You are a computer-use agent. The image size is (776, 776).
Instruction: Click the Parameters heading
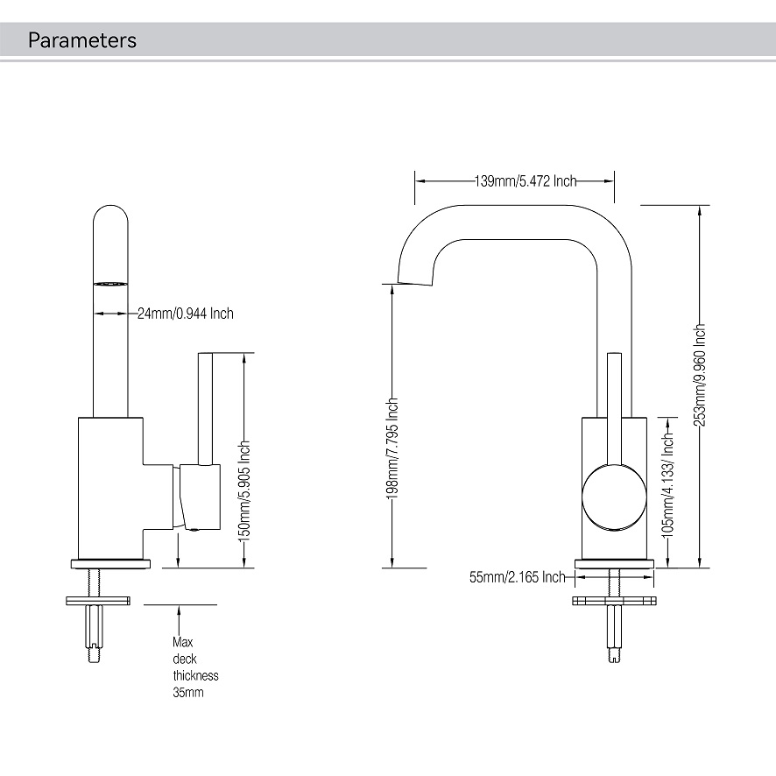[82, 40]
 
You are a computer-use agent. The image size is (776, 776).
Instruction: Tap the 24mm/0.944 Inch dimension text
[186, 314]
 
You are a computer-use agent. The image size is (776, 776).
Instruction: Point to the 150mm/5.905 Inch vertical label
[245, 490]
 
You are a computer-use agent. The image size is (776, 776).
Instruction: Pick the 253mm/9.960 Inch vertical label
[699, 375]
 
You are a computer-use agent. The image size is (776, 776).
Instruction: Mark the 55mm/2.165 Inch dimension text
[518, 577]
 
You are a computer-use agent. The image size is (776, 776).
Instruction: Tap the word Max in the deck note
[181, 642]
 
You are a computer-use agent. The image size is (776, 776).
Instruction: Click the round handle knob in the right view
[614, 497]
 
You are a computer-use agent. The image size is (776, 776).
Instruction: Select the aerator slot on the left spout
[110, 285]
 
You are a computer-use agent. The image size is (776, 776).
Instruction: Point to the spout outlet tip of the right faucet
[415, 281]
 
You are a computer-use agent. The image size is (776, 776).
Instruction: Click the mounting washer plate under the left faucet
[97, 600]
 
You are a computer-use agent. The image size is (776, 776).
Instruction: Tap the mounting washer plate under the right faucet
[614, 601]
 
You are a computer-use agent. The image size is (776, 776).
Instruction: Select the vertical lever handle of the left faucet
[208, 407]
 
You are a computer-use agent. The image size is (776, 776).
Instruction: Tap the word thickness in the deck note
[195, 675]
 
